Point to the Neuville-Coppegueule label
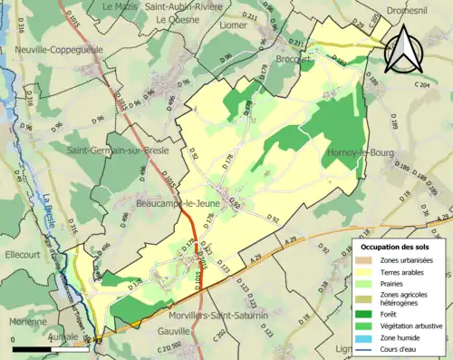click(x=56, y=49)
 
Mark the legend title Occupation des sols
click(x=398, y=247)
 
